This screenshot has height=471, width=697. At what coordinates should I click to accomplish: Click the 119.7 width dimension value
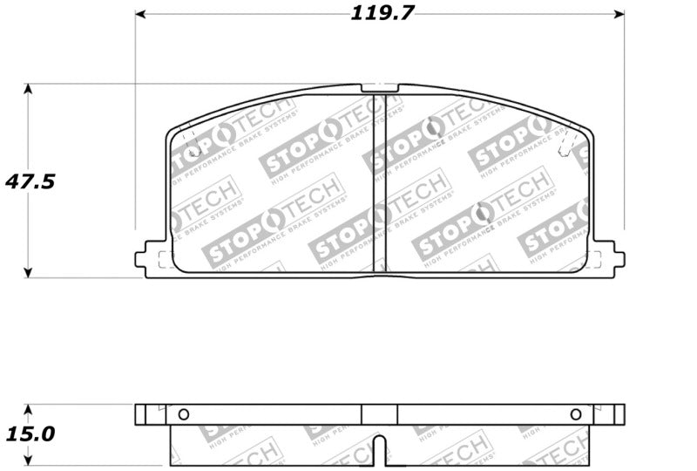coord(382,13)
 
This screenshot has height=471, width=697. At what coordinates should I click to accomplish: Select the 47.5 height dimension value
coord(30,181)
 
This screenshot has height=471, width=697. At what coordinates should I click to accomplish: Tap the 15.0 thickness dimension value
coord(30,433)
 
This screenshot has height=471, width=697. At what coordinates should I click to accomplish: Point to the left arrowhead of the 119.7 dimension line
coord(139,14)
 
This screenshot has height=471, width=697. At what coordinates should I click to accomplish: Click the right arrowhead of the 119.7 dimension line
coord(619,14)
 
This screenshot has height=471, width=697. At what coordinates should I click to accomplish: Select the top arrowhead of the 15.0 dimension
coord(28,408)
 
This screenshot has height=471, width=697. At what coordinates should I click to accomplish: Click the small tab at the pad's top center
coord(379,87)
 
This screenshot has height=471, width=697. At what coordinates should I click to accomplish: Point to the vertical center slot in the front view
coord(379,183)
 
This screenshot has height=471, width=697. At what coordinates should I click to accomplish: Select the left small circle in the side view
coord(183,414)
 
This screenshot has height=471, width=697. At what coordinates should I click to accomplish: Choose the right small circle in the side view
coord(575,414)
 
